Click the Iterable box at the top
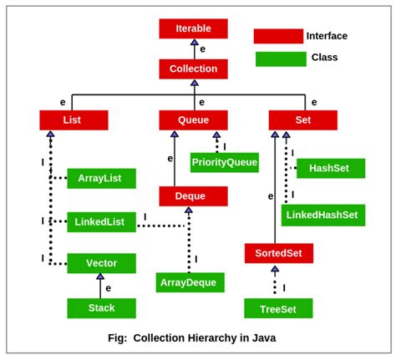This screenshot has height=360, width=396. point(193,28)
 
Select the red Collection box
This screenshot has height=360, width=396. point(193,68)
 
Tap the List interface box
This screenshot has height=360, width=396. point(74,120)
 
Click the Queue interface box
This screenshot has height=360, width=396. point(193,120)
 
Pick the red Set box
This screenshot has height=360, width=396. point(302,120)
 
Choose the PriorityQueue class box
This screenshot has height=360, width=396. point(224,162)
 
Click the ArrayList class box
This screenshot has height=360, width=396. point(101,178)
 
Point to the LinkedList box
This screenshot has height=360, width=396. point(101,221)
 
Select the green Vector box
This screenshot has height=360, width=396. point(101,263)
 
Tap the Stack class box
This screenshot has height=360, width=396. point(101,308)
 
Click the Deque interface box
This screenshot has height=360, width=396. point(193,196)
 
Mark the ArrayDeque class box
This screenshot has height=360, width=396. point(190,282)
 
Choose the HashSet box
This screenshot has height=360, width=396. point(330,168)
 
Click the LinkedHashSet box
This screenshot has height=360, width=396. point(322,215)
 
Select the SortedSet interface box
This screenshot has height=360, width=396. point(278,253)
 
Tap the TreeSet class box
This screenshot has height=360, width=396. point(278,308)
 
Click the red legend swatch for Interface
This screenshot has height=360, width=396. point(278,36)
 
